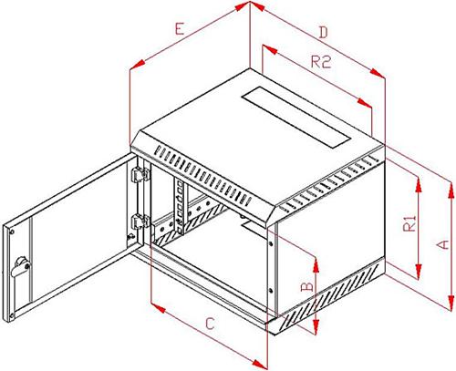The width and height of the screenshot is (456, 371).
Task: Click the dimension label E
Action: pyautogui.click(x=180, y=29)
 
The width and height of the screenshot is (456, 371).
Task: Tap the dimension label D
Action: pyautogui.click(x=324, y=32)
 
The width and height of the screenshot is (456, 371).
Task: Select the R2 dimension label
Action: pyautogui.click(x=321, y=62)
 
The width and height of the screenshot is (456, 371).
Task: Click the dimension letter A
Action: pyautogui.click(x=443, y=244)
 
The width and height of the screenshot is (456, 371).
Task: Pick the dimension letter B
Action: pyautogui.click(x=307, y=286)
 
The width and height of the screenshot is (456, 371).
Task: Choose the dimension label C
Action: pyautogui.click(x=210, y=324)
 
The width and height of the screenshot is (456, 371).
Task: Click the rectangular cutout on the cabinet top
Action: pyautogui.click(x=296, y=118)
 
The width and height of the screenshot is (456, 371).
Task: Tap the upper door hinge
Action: pyautogui.click(x=140, y=175)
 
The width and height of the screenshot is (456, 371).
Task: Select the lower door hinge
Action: pyautogui.click(x=140, y=222)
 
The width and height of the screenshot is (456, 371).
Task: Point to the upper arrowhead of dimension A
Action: pyautogui.click(x=451, y=191)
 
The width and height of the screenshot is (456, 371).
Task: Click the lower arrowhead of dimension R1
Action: pyautogui.click(x=419, y=272)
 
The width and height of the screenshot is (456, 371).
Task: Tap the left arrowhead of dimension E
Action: pyautogui.click(x=137, y=65)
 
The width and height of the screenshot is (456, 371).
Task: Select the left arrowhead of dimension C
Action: pyautogui.click(x=158, y=307)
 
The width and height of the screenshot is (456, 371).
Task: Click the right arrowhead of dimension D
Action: pyautogui.click(x=378, y=73)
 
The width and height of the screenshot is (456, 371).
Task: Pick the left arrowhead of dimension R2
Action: pyautogui.click(x=270, y=49)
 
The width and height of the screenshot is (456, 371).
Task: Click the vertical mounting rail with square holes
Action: pyautogui.click(x=180, y=206)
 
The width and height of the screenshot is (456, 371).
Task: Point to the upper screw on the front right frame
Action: pyautogui.click(x=271, y=243)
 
